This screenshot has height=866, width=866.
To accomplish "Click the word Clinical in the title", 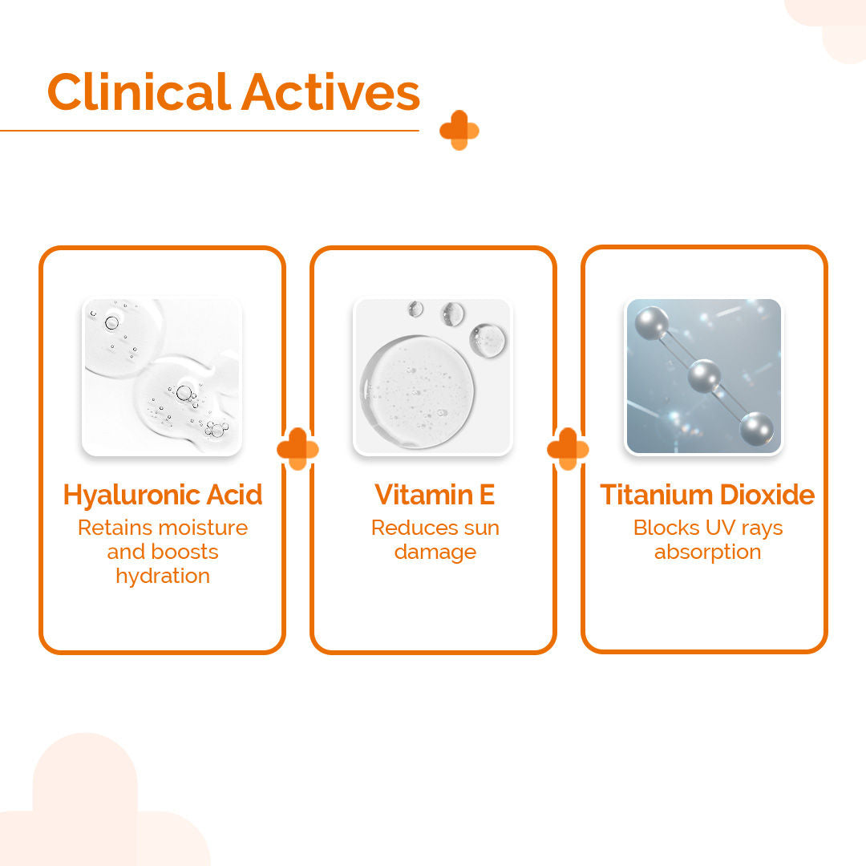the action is coord(139,91).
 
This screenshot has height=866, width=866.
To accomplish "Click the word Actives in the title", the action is coord(331,91).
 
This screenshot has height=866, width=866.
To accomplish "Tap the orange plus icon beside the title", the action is coord(459,131).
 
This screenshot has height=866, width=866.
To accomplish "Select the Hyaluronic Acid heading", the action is coord(162,494).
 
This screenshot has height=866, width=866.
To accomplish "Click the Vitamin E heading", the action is coord(434,494).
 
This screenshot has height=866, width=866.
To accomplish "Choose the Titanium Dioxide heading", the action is coord(707,494).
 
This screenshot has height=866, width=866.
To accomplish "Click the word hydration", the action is coord(163,576).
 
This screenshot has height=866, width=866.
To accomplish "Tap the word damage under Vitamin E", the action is coord(435,552).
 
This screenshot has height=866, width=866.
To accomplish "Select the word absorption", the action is coord(707,552).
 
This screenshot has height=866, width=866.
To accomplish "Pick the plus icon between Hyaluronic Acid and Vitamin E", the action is coord(297,448).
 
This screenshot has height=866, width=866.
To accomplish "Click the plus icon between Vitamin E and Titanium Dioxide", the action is coord(568,448).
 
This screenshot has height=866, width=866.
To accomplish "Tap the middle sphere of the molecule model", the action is coord(704,376).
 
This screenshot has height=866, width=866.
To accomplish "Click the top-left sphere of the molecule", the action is coord(652,323).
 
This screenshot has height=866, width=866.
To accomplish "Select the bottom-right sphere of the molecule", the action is coord(757,428).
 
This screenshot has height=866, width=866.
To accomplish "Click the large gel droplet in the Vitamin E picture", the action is coord(417,391).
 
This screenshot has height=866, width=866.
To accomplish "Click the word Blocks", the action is coord(666,528).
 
